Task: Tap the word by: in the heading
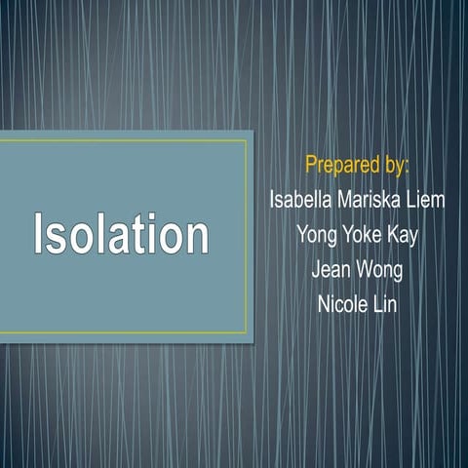pos(395,163)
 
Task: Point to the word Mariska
pos(372,200)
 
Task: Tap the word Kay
pos(403,235)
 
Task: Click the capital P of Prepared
pos(312,161)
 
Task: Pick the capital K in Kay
pos(390,234)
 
